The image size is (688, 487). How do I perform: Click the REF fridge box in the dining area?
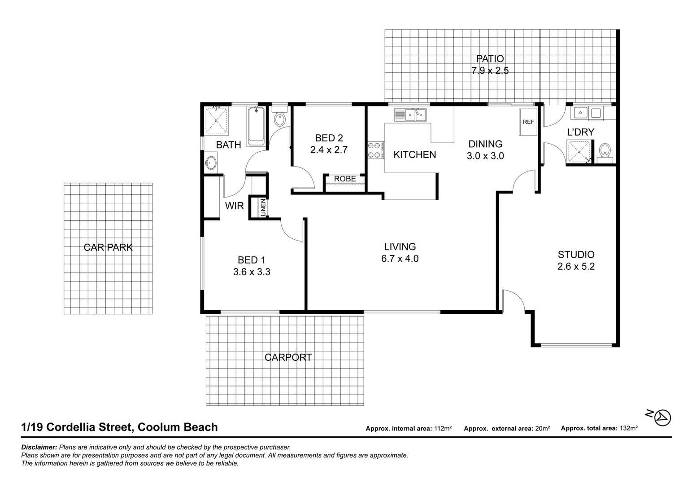tap(528, 122)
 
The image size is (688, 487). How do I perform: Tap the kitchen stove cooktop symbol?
tap(376, 150)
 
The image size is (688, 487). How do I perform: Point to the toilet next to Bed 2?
tap(279, 118)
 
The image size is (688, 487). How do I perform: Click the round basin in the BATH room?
tap(210, 162)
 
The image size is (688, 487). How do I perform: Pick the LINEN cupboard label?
tap(263, 207)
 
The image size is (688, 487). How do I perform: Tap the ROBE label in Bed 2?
tap(345, 179)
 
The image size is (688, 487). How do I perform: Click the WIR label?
tap(234, 206)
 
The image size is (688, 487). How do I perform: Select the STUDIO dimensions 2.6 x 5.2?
tap(576, 267)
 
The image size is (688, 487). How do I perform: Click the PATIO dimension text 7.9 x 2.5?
tap(490, 71)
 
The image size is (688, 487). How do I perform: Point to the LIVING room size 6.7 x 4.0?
tap(400, 259)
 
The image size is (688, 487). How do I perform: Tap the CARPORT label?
tap(288, 357)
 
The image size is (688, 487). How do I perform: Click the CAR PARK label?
tap(108, 247)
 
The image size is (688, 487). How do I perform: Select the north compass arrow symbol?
tap(662, 417)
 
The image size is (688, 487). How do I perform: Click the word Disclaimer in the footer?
tap(39, 448)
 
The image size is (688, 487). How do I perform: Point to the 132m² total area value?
tap(628, 428)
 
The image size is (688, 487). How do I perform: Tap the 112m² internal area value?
tap(443, 429)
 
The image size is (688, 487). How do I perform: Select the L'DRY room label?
tap(580, 132)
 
